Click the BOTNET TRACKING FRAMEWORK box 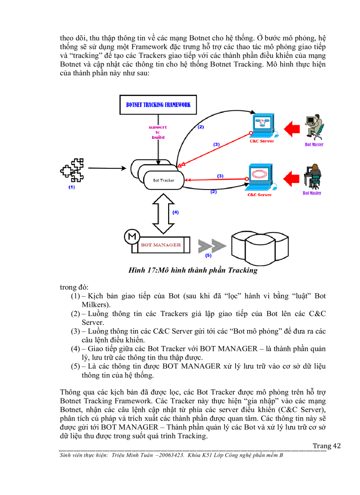[158, 105]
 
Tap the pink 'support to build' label [157, 132]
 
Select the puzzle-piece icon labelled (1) [72, 169]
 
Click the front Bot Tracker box [164, 180]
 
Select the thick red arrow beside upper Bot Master [291, 128]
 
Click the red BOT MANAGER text [161, 245]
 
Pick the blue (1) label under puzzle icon [71, 187]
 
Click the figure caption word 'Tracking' [242, 270]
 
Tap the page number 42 [337, 446]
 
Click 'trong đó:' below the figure [74, 287]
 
